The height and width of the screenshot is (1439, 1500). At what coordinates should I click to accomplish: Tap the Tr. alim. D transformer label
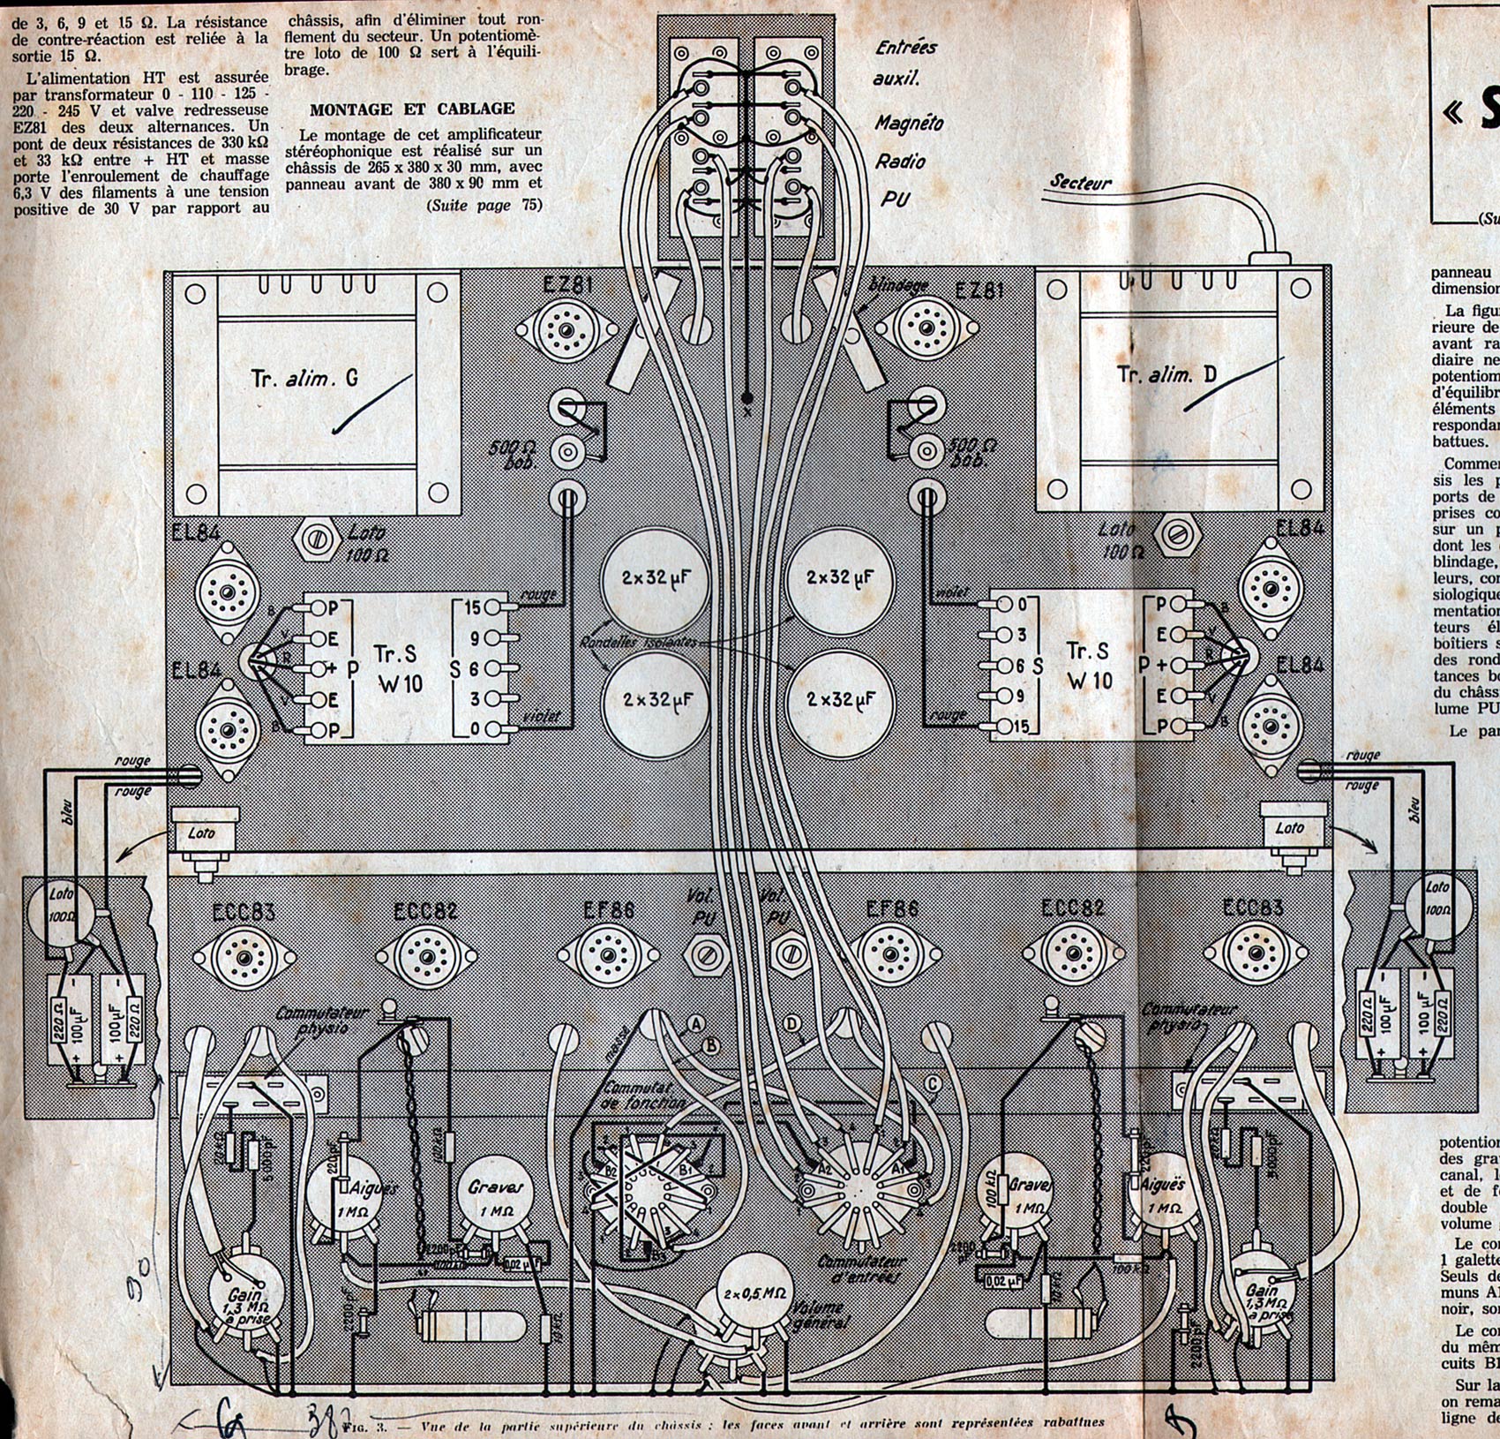tap(1166, 374)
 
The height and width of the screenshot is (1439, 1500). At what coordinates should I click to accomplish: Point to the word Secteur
tap(1081, 183)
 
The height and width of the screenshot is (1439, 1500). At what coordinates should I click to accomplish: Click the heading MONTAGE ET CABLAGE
tap(412, 109)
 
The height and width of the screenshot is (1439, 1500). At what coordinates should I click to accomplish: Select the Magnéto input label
tap(909, 123)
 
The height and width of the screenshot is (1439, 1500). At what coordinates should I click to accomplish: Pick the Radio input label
tap(900, 161)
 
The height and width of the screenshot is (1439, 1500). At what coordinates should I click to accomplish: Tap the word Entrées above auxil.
tap(906, 48)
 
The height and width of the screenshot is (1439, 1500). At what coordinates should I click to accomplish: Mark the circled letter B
tap(709, 1046)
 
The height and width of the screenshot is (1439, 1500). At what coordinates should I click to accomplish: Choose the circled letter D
tap(793, 1023)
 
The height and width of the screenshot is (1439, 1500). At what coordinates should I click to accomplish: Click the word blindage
tap(898, 285)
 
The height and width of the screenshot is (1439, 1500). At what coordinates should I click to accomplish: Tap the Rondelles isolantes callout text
tap(638, 643)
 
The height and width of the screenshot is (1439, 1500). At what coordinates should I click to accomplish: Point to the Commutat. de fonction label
tap(644, 1095)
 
